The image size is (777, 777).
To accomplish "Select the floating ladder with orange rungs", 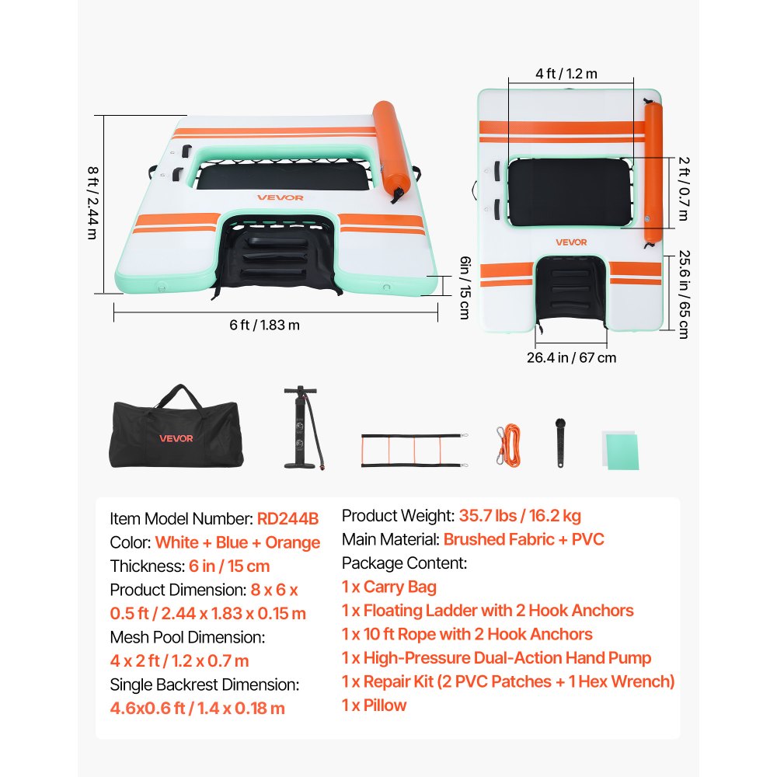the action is [x=415, y=451].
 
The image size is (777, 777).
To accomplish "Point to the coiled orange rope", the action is [x=508, y=444].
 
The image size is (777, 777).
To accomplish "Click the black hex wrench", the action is [x=560, y=443].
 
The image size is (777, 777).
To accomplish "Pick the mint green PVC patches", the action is [x=620, y=450].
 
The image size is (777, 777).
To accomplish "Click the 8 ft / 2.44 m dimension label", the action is [x=92, y=203].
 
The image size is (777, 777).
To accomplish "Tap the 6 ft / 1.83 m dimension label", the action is [x=265, y=325].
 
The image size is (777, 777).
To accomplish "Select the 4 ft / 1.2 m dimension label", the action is [x=566, y=74].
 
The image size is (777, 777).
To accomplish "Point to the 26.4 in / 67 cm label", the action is [x=571, y=357].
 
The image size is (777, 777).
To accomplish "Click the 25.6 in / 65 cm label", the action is [x=685, y=294].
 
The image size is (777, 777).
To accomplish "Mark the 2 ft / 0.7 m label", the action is [x=684, y=189].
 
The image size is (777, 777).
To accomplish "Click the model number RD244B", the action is [x=288, y=519].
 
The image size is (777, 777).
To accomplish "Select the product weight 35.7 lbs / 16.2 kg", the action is [x=520, y=516].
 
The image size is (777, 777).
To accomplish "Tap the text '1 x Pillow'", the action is [x=375, y=706].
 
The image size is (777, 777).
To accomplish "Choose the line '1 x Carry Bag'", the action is [x=389, y=587].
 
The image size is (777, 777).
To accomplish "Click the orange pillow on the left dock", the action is [x=392, y=152].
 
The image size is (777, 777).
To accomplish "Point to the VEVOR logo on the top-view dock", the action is [x=571, y=242].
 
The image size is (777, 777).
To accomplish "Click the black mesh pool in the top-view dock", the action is [x=570, y=192].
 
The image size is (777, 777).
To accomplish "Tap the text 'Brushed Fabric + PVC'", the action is [x=524, y=539].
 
